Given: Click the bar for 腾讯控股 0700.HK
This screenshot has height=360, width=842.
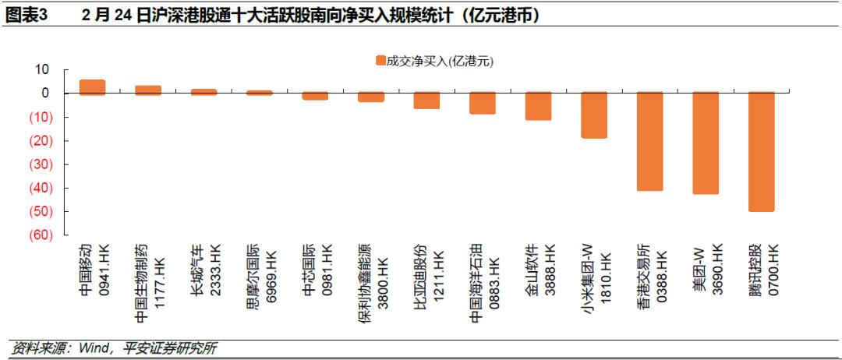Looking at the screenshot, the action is pos(762,152).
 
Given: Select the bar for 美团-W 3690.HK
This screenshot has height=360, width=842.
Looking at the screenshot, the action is pos(706,143).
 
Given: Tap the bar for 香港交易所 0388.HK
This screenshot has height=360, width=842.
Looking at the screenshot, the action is pos(649,142).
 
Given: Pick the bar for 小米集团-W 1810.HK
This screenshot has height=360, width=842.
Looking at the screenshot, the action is pos(594,115).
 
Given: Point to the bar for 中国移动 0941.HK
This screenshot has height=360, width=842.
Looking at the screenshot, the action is pos(92,87).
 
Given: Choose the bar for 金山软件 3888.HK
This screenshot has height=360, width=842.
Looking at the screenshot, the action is pos(538,106).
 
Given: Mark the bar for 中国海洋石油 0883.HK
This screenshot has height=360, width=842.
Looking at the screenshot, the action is pos(483,104).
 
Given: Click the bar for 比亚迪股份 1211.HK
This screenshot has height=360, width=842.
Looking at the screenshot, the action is pos(427,101).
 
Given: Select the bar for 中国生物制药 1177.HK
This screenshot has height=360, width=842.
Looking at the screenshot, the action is pos(148,90).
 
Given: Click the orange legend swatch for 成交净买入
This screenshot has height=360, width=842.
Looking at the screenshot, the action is pos(380,61).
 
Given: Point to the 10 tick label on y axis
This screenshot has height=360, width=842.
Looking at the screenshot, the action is pos(41,70).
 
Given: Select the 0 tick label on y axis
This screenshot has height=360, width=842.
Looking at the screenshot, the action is pos(45,94).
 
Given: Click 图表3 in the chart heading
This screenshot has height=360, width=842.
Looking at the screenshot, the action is pos(27,16).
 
